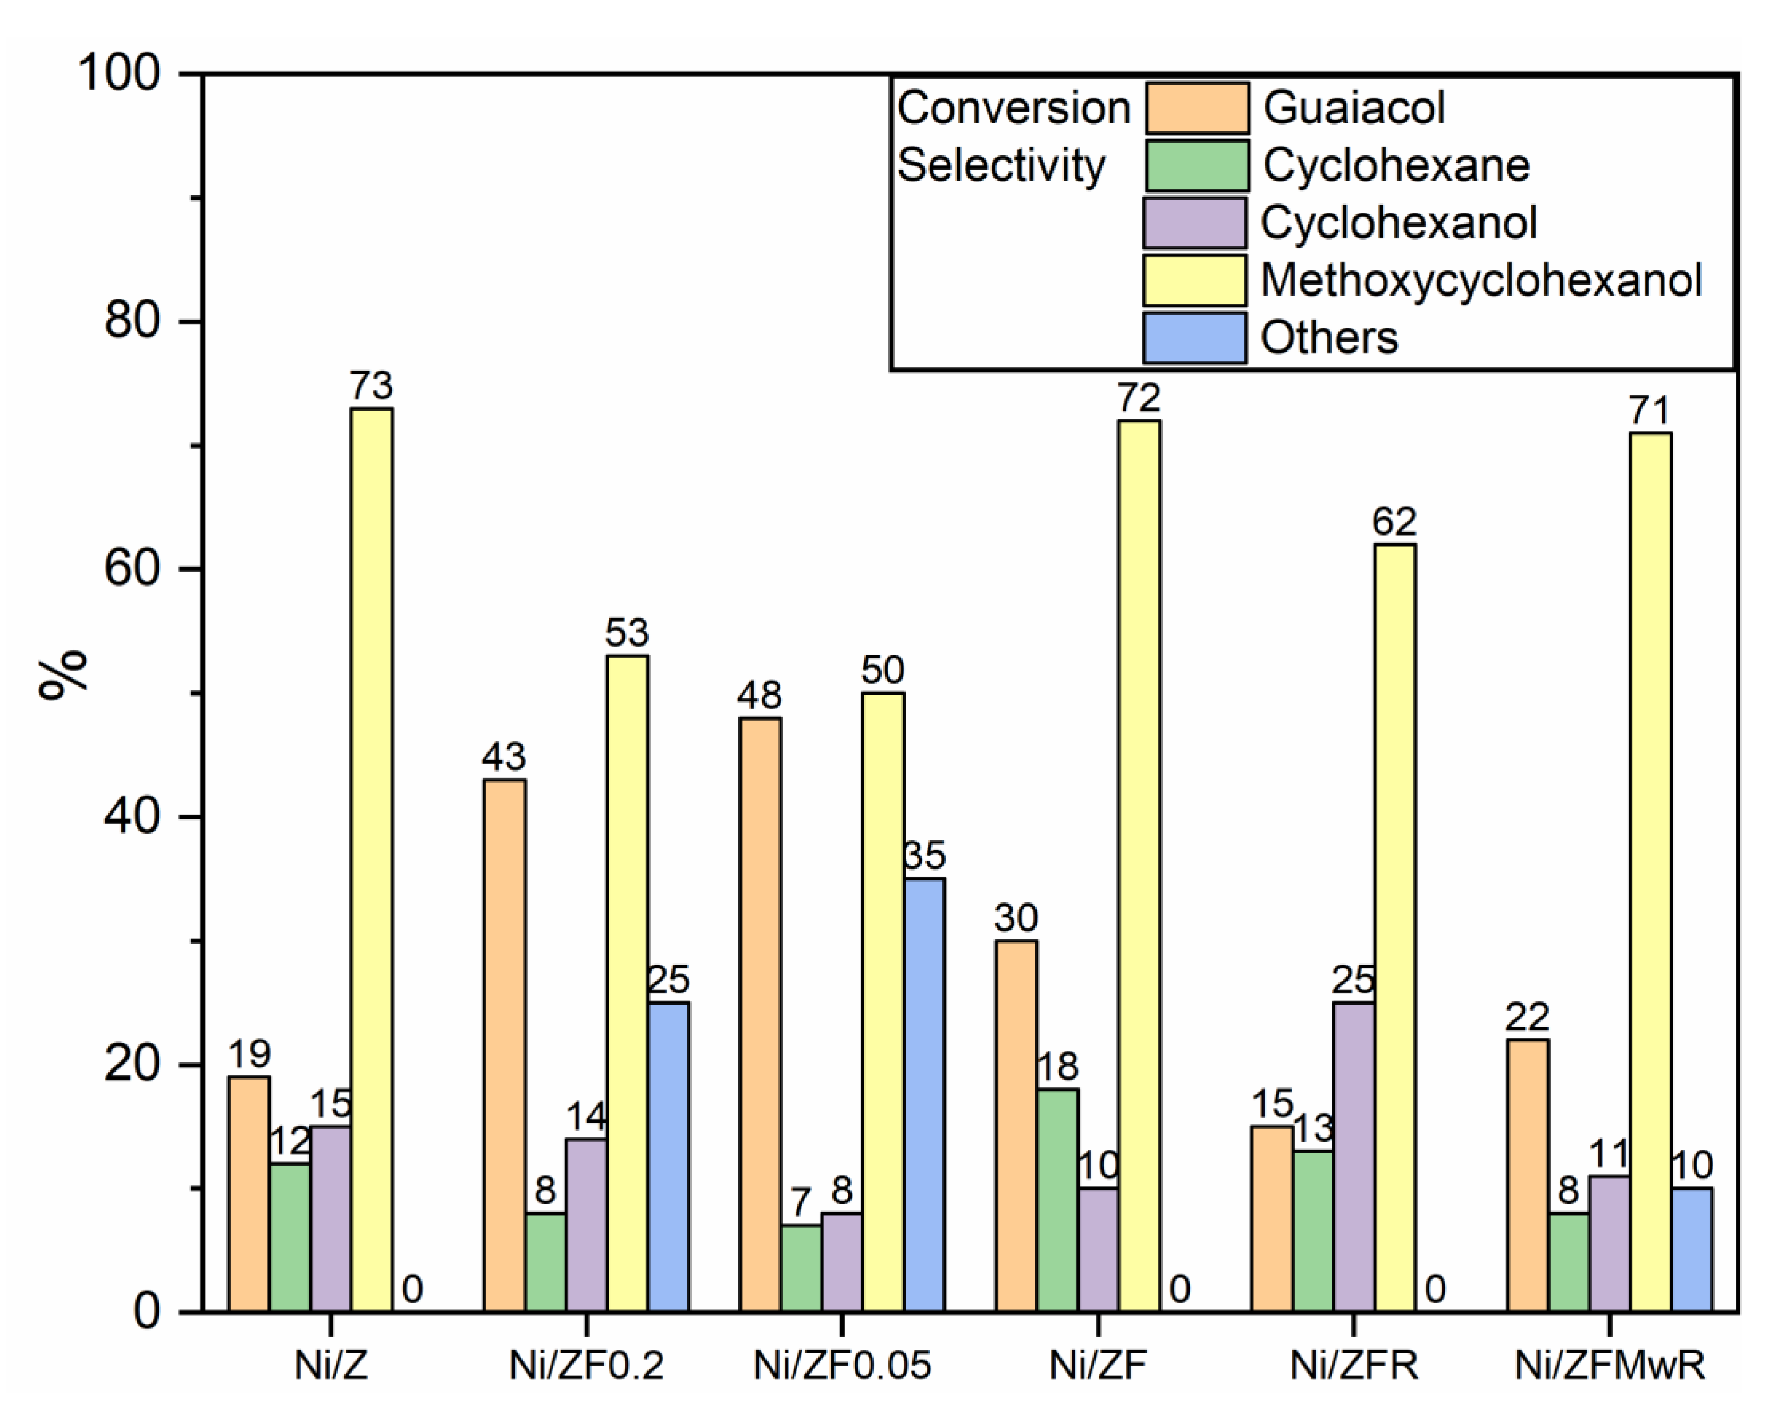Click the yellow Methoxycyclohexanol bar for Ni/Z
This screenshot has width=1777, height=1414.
coord(372,857)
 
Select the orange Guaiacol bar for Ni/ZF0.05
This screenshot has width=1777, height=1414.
coord(760,1014)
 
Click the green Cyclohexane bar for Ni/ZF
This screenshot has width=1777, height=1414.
coord(1057,1200)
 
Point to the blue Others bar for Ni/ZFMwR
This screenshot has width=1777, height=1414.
coord(1692,1249)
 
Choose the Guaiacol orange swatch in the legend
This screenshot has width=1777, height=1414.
coord(1197,108)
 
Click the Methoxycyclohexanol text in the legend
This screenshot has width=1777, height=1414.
coord(1481,280)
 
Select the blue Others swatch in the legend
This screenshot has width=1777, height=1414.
coord(1194,337)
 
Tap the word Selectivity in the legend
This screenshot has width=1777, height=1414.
coord(1000,166)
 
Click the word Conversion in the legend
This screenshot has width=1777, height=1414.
coord(1014,108)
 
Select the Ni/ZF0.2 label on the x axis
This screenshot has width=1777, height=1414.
coord(586,1366)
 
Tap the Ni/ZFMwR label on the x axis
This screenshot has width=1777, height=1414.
coord(1610,1366)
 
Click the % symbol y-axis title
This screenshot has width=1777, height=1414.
coord(63,674)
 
